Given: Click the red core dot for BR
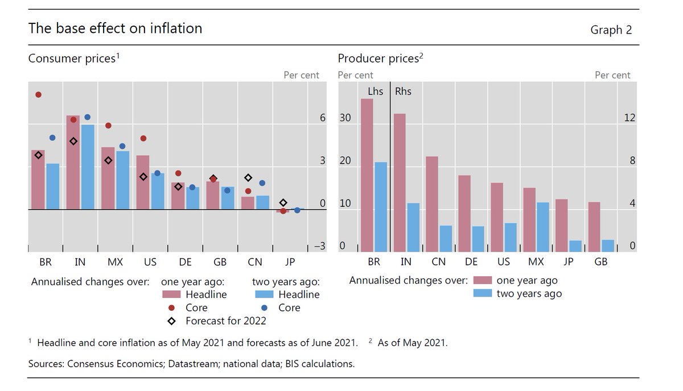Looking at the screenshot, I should pyautogui.click(x=38, y=95).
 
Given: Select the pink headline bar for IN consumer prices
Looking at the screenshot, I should pyautogui.click(x=72, y=162).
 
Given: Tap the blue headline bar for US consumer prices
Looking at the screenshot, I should pyautogui.click(x=158, y=191).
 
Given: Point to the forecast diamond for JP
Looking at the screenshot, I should pyautogui.click(x=283, y=203).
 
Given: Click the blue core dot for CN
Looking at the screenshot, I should pyautogui.click(x=262, y=183).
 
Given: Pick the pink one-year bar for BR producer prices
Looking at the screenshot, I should pyautogui.click(x=367, y=175).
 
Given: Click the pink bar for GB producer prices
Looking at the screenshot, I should pyautogui.click(x=594, y=227).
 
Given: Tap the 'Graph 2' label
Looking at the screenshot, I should pyautogui.click(x=611, y=30).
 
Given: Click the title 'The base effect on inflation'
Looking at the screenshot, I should pyautogui.click(x=115, y=28).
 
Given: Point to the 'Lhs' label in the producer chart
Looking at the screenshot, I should pyautogui.click(x=375, y=91).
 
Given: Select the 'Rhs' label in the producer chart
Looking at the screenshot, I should pyautogui.click(x=403, y=91).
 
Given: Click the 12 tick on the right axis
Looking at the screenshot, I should pyautogui.click(x=629, y=118).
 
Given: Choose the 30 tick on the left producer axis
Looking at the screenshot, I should pyautogui.click(x=346, y=118).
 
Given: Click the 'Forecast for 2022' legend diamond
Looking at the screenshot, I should pyautogui.click(x=171, y=321).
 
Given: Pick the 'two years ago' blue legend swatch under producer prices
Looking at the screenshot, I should pyautogui.click(x=483, y=294).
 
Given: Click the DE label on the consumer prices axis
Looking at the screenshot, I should pyautogui.click(x=184, y=263).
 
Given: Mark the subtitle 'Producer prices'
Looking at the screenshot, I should pyautogui.click(x=378, y=59).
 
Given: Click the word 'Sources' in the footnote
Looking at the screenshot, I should pyautogui.click(x=47, y=364).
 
